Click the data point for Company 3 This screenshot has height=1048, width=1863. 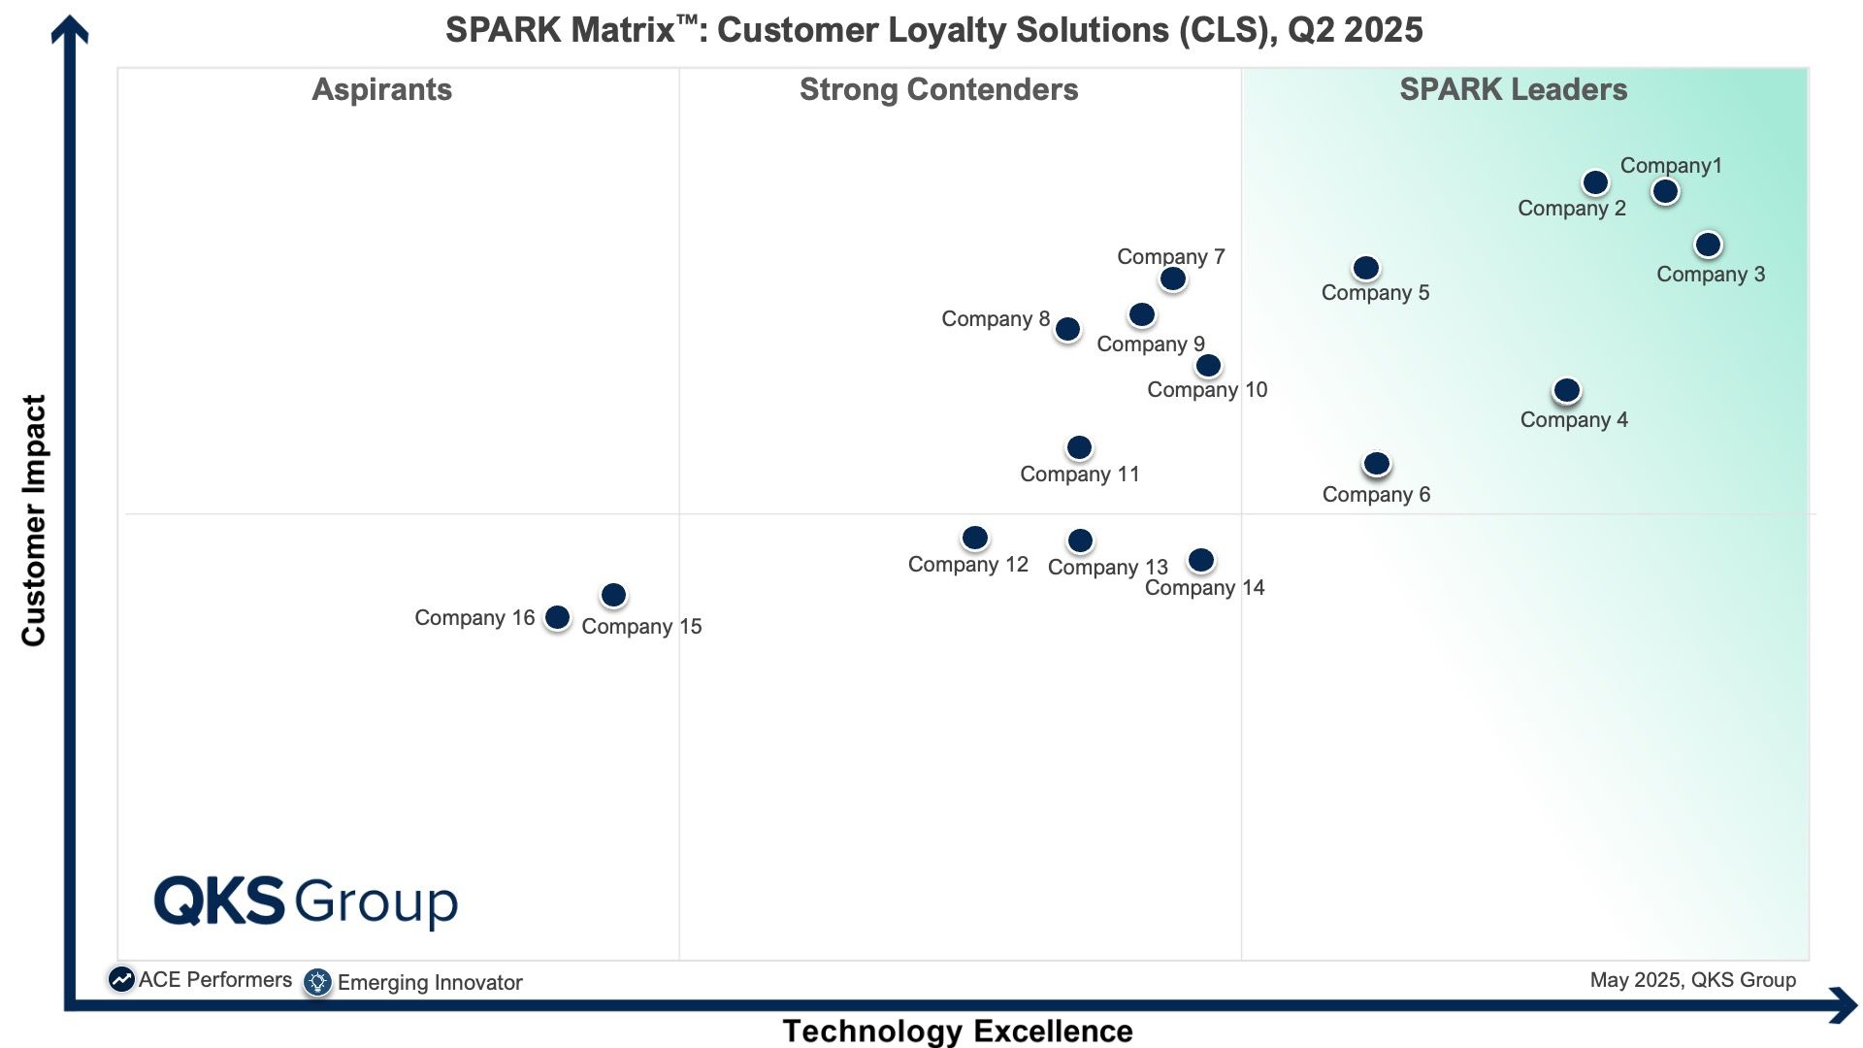pyautogui.click(x=1708, y=245)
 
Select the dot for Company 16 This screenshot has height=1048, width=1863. pyautogui.click(x=557, y=617)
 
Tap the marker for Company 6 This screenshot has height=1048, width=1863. pyautogui.click(x=1376, y=464)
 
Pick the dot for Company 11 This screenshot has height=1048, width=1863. pyautogui.click(x=1079, y=447)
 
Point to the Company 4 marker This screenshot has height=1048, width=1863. pyautogui.click(x=1566, y=390)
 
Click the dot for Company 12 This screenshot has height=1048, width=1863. pyautogui.click(x=974, y=538)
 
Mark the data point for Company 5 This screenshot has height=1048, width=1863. pyautogui.click(x=1365, y=268)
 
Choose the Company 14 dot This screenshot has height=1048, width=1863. pyautogui.click(x=1200, y=560)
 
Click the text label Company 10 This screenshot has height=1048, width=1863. pyautogui.click(x=1207, y=390)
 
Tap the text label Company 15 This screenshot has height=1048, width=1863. pyautogui.click(x=641, y=627)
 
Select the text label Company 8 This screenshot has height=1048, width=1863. pyautogui.click(x=996, y=319)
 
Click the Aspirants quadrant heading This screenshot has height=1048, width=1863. pyautogui.click(x=381, y=90)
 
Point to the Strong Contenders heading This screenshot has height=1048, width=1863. pyautogui.click(x=938, y=90)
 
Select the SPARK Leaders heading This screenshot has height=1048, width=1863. pyautogui.click(x=1513, y=90)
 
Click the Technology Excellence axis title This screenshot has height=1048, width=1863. pyautogui.click(x=958, y=1031)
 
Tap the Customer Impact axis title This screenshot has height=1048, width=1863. pyautogui.click(x=34, y=520)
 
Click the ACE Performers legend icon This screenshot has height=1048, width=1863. pyautogui.click(x=121, y=980)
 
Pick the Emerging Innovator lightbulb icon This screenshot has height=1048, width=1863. pyautogui.click(x=317, y=982)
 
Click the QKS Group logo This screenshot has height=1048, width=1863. pyautogui.click(x=306, y=901)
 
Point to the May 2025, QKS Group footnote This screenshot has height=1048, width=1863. pyautogui.click(x=1693, y=980)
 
